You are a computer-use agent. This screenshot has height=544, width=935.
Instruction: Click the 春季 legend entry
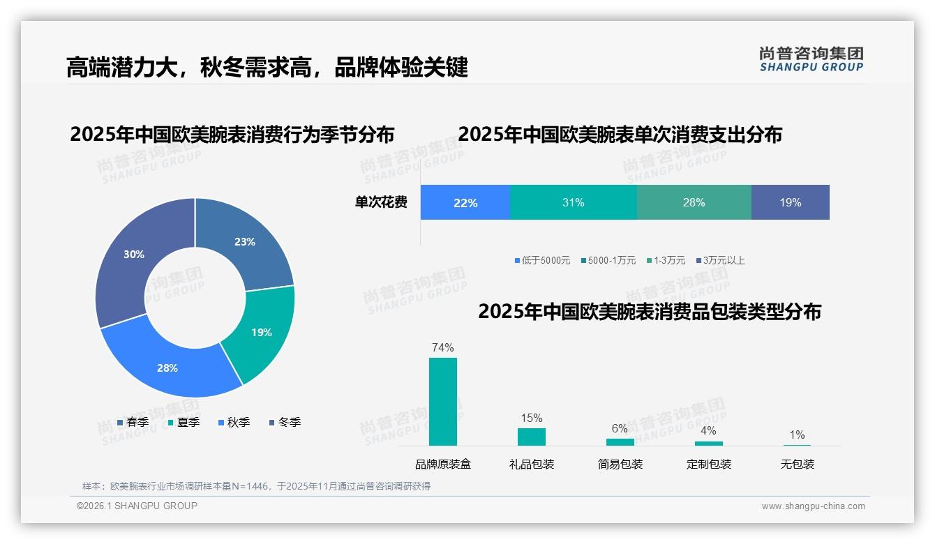click(x=133, y=422)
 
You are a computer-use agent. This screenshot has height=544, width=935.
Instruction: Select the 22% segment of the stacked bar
click(x=465, y=203)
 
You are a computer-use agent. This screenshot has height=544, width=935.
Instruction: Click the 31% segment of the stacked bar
click(x=573, y=203)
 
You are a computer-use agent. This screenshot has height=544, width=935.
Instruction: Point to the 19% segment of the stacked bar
click(x=790, y=203)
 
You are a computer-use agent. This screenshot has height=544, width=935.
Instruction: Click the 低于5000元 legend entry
click(x=541, y=260)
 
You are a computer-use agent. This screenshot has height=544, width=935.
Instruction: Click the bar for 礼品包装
click(x=532, y=437)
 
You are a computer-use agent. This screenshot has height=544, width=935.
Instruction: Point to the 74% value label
click(x=443, y=347)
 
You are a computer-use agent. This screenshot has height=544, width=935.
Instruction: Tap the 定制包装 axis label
click(x=709, y=464)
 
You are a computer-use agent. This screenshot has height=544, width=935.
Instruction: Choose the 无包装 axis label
click(x=798, y=464)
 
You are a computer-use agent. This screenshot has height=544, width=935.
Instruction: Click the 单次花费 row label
click(x=381, y=203)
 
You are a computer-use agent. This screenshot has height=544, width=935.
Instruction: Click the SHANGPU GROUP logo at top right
click(x=811, y=59)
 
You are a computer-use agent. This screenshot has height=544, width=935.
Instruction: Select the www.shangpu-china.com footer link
click(x=813, y=506)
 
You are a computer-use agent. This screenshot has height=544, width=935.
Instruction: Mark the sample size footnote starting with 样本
click(x=256, y=486)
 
